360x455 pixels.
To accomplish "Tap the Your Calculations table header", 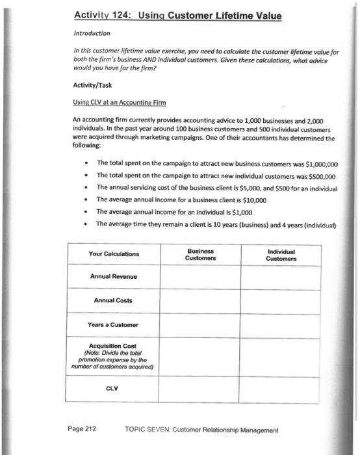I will (114, 253).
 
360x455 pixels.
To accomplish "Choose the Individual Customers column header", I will (281, 253).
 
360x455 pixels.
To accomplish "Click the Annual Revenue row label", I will (114, 278).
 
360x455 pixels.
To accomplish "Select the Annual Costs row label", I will (114, 300).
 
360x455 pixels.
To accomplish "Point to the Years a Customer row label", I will (114, 324).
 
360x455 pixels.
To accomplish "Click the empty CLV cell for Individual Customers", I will (281, 389).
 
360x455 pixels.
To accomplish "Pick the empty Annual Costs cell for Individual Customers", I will (281, 300).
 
